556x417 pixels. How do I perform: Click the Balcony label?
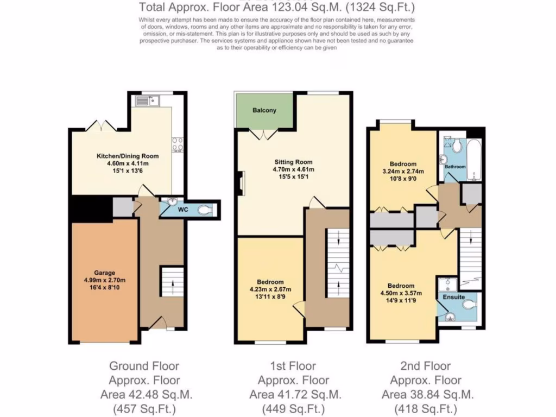[x=264, y=110]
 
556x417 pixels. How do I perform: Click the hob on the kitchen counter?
[x=178, y=145]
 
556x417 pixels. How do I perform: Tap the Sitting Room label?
[x=293, y=162]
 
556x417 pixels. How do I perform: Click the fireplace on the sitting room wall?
[x=241, y=182]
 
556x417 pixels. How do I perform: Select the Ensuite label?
[x=453, y=297]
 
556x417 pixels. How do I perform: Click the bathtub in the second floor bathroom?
[x=474, y=161]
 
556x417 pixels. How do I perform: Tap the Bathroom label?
[x=454, y=167]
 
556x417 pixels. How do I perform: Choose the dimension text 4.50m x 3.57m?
[x=401, y=294]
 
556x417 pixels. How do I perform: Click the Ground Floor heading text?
[x=144, y=366]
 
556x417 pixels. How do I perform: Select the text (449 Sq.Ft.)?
[x=294, y=408]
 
